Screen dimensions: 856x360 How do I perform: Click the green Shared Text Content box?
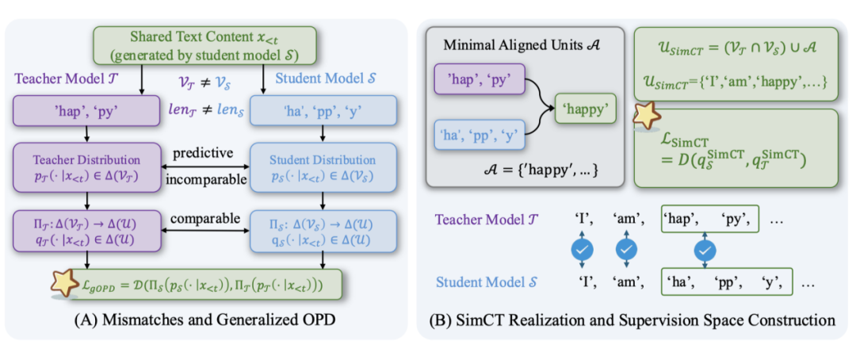197,47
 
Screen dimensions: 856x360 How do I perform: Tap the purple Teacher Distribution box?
85,167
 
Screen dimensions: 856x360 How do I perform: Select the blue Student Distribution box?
322,167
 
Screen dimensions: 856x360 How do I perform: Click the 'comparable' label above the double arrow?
204,219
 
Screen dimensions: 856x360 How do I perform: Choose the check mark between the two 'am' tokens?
626,251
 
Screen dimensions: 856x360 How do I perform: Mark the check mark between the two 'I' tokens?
582,251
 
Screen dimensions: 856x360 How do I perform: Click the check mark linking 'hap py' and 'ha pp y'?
705,251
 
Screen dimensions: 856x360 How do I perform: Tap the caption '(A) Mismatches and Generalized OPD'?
204,320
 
